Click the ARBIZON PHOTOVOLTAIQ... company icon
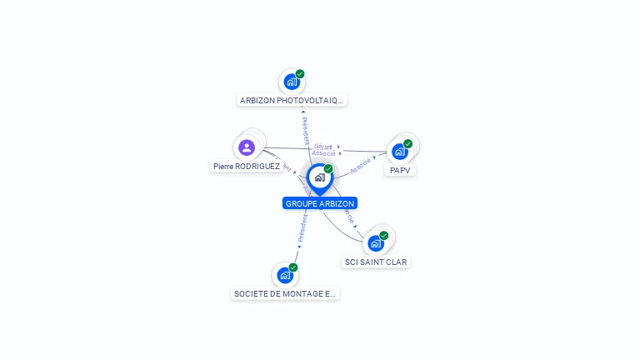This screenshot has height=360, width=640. point(291,82)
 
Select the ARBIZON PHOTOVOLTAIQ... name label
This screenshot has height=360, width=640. point(291,101)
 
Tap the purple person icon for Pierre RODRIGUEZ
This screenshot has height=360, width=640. point(246,147)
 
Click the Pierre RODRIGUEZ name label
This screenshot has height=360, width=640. point(247,167)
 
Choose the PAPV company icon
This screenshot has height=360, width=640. point(400,152)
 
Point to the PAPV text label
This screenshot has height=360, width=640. point(400,171)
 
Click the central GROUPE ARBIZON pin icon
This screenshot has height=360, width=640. point(319,177)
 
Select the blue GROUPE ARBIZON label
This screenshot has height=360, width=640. point(320,203)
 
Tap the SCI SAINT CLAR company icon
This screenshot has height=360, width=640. point(376,243)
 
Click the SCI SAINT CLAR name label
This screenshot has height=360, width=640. point(377,262)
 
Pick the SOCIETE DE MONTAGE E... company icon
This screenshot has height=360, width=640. point(285,275)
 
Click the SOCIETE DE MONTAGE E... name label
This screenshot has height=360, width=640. point(285,293)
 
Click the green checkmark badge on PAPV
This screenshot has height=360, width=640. point(408,143)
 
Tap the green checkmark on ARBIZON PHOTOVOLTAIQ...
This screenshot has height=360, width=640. point(300,73)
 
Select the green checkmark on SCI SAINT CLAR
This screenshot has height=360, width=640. point(384,235)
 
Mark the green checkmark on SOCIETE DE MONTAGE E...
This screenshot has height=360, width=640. point(293,267)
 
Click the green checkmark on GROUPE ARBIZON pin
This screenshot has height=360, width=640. point(328,169)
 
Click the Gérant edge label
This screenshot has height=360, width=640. point(323,147)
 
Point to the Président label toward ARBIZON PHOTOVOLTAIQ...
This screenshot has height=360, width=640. point(305,130)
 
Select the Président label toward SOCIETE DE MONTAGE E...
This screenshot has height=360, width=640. point(302,227)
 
